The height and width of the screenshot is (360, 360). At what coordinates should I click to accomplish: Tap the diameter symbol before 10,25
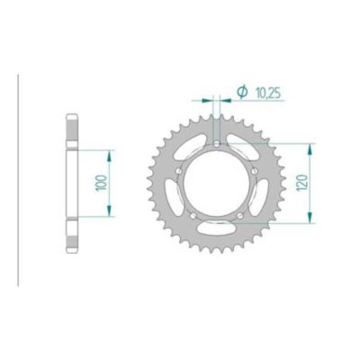click(241, 92)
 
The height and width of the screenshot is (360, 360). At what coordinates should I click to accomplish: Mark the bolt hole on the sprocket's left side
click(180, 170)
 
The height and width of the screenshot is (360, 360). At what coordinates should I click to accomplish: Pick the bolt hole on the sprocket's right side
click(255, 170)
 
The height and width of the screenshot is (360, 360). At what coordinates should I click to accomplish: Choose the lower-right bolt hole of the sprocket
click(240, 214)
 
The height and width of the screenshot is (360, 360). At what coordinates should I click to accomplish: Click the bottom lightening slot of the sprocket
click(217, 232)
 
